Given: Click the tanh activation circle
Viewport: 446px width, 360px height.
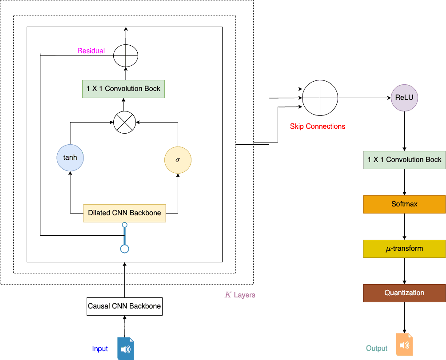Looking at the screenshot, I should pos(70,158).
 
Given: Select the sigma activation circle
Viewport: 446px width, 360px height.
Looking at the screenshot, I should pos(178,159).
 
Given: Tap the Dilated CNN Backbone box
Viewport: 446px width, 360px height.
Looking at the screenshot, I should pos(124,213).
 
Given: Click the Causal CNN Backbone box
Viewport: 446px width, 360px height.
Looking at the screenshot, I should pos(124,306).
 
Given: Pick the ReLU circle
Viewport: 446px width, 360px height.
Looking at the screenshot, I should pos(404,97).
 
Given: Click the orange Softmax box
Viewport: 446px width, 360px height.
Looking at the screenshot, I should pos(404,204).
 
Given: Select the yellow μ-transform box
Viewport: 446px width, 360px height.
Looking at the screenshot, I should pos(404,249).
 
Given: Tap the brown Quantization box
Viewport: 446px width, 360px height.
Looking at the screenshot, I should pos(404,293).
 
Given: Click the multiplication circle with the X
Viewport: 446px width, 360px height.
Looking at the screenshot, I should pos(124,122).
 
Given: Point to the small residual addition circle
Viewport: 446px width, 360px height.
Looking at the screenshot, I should pos(126,56).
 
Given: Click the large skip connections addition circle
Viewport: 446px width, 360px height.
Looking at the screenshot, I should pos(320,97).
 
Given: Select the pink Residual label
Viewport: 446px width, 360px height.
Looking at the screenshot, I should pos(91,51).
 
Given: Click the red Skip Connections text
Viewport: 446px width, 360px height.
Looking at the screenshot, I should pos(317,127).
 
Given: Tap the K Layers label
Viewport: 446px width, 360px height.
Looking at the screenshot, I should pos(240,295).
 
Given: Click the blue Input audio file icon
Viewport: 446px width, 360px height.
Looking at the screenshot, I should pos(125,348).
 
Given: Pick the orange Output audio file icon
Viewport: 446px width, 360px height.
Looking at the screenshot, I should pos(404,345).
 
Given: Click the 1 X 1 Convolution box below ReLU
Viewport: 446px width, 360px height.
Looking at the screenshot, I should pos(404,160).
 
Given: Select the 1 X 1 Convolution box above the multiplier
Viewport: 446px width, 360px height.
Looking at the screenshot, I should pos(123,89).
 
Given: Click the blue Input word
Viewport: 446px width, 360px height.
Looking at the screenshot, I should pos(100,349).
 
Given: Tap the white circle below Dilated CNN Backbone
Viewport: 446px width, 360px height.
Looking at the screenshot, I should pos(125,249).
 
